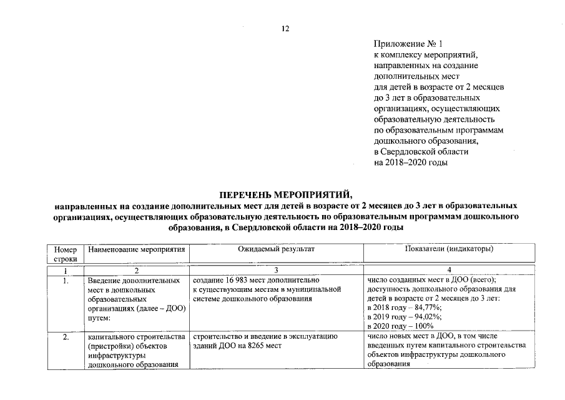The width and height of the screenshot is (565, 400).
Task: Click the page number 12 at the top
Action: point(285,29)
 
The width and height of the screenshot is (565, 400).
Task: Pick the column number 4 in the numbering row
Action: point(449,270)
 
